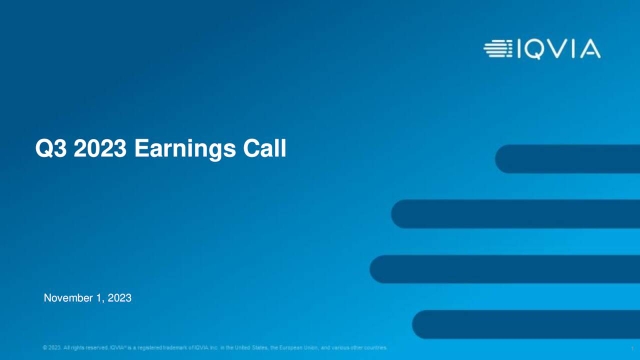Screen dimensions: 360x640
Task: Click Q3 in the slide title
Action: [x=49, y=150]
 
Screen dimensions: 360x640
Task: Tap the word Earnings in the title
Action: [x=180, y=150]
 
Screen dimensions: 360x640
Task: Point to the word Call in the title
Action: [x=263, y=150]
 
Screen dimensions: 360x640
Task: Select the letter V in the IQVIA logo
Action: [x=563, y=48]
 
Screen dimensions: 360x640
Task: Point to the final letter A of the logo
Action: [x=589, y=48]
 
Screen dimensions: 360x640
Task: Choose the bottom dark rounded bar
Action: [x=526, y=324]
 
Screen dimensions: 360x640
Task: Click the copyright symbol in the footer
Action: [x=46, y=347]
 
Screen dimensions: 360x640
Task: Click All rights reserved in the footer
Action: [x=85, y=347]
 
